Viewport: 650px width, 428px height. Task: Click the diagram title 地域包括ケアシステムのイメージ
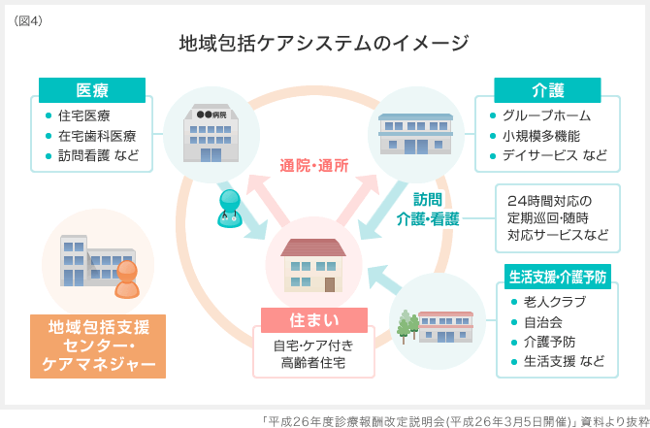pos(324,44)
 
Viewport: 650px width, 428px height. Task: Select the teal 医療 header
pos(92,91)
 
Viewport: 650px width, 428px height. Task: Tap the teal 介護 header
pos(548,90)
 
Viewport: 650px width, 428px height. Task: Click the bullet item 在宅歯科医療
pos(97,136)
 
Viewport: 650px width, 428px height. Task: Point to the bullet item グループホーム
pos(546,115)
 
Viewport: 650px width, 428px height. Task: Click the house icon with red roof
pos(312,264)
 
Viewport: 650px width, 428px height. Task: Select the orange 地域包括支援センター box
pos(98,346)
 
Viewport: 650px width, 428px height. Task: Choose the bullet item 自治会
pos(543,321)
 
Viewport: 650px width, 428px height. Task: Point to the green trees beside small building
pos(406,325)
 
